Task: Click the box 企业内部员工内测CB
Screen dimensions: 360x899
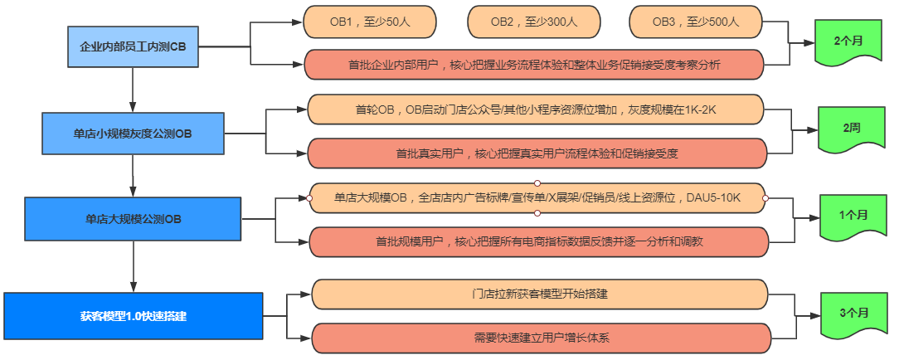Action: click(x=133, y=46)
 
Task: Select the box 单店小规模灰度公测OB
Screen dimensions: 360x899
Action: click(x=133, y=133)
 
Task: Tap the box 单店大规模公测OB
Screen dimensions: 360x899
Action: click(x=133, y=220)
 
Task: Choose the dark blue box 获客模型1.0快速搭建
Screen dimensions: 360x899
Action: click(x=133, y=316)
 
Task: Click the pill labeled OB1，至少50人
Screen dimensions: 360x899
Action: click(x=369, y=22)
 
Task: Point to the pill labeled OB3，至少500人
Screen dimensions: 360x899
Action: click(x=695, y=22)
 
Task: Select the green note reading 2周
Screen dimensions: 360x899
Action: click(x=850, y=129)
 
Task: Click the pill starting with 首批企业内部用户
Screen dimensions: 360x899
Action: click(x=534, y=64)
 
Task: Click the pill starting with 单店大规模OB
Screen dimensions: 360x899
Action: click(x=537, y=197)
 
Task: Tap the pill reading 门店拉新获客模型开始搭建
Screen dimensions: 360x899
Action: click(x=540, y=294)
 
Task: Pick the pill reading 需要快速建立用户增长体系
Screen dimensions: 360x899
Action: click(x=540, y=338)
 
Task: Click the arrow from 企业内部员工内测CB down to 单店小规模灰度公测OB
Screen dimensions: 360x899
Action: click(x=133, y=88)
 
